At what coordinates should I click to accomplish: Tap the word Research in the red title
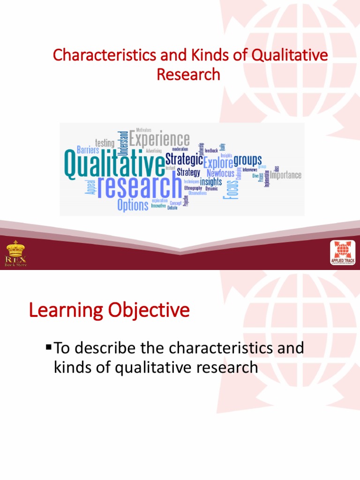pyautogui.click(x=188, y=74)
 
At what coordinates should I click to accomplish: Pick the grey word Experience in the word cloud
pyautogui.click(x=159, y=139)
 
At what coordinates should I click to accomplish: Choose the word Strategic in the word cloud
pyautogui.click(x=184, y=159)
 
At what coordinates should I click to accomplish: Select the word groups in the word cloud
pyautogui.click(x=247, y=159)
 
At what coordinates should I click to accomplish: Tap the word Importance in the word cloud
pyautogui.click(x=286, y=175)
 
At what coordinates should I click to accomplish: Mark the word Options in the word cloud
pyautogui.click(x=133, y=205)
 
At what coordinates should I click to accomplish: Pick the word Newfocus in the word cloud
pyautogui.click(x=220, y=173)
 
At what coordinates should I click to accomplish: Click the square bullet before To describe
pyautogui.click(x=48, y=347)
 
